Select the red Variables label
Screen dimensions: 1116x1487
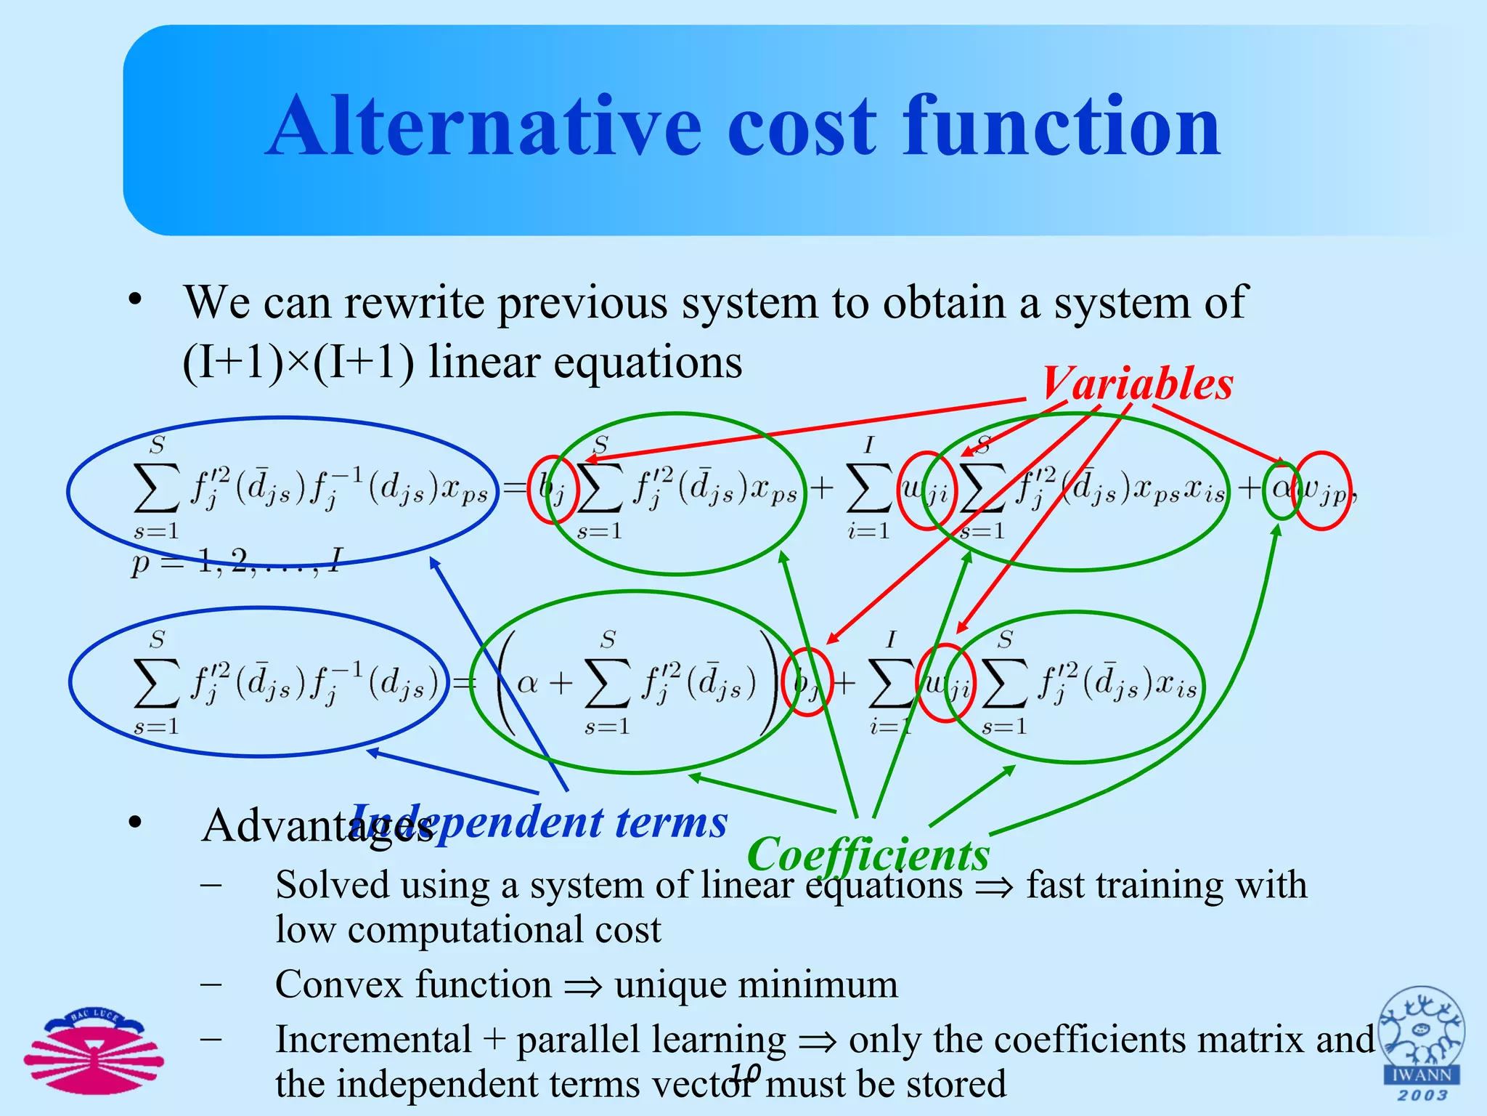point(1137,383)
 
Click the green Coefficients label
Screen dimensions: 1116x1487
point(868,854)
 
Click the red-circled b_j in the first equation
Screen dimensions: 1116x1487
point(553,489)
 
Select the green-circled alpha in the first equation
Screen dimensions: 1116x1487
point(1282,489)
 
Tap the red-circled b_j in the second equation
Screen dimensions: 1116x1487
point(806,683)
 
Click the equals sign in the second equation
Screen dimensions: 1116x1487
point(464,683)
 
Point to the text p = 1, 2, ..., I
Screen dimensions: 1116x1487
point(236,562)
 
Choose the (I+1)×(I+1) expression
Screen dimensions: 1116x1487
point(298,362)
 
